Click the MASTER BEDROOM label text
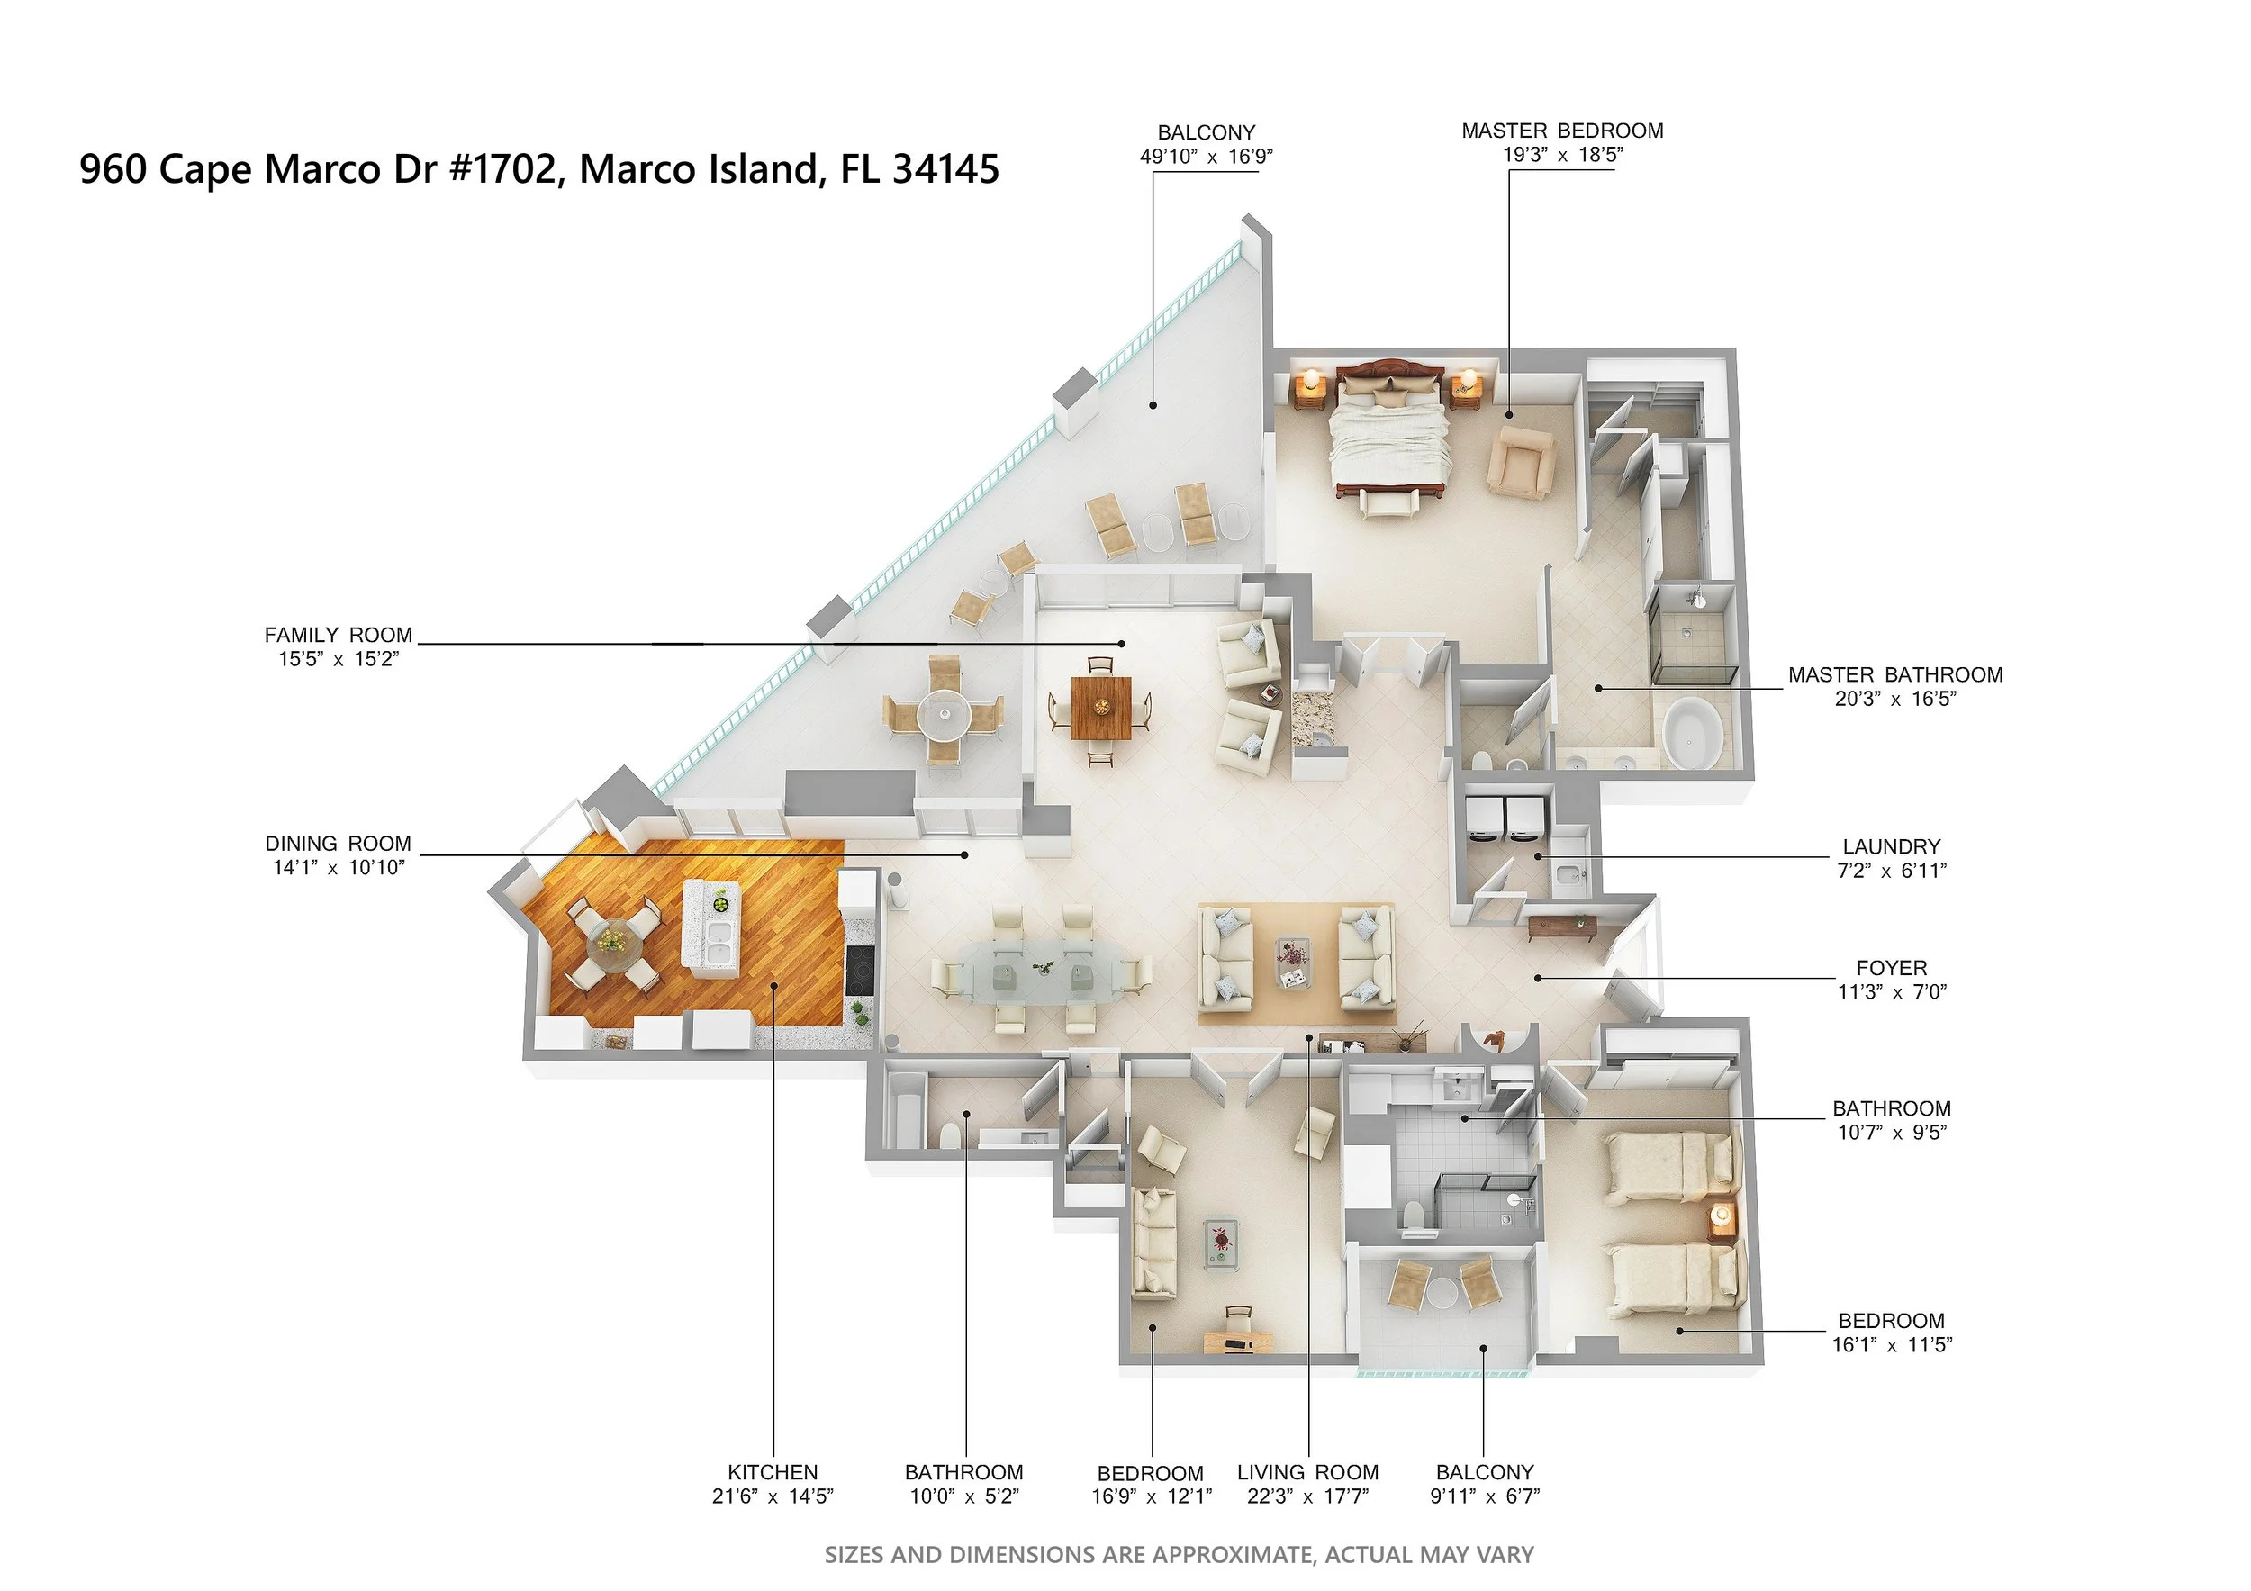[x=1562, y=131]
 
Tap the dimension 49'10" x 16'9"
[x=1206, y=156]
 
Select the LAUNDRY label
[x=1891, y=846]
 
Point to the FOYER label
[x=1891, y=968]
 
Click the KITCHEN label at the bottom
[x=773, y=1472]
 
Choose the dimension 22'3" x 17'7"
[x=1308, y=1496]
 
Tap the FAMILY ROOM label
[x=339, y=635]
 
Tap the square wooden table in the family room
[x=1101, y=707]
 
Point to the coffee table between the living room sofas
[x=1294, y=963]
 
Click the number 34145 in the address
[x=946, y=168]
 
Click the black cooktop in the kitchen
[x=859, y=970]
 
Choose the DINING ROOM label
[x=339, y=844]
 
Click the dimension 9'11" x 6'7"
[x=1485, y=1496]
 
